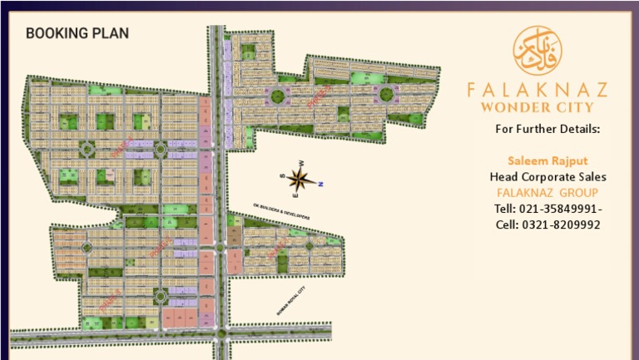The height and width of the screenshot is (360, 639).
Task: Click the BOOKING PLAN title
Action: tap(77, 34)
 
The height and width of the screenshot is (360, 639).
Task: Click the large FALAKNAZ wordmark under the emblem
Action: tap(537, 89)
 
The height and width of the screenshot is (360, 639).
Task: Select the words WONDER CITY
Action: tap(537, 106)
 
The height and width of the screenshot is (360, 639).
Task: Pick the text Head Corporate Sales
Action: tap(547, 176)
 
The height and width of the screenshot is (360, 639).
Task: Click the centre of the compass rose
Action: tap(300, 178)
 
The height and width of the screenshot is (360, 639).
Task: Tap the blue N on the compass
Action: tap(321, 184)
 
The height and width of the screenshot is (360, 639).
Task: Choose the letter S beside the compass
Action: tap(282, 175)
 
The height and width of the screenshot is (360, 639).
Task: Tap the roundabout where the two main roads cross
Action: tap(220, 334)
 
